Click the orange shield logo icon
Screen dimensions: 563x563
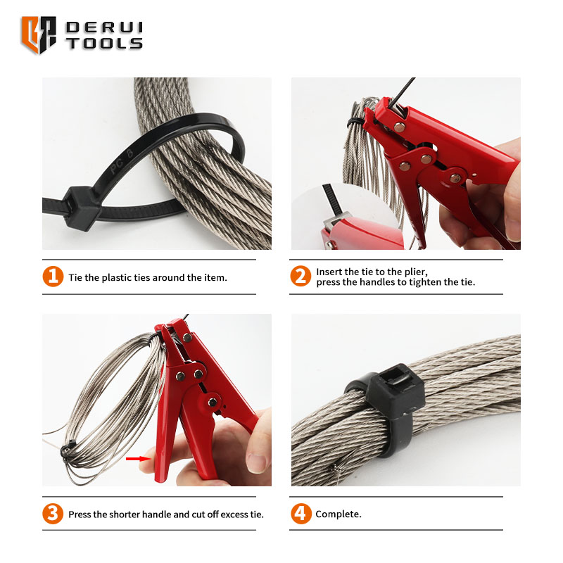(39, 34)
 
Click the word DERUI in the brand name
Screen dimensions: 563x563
(104, 27)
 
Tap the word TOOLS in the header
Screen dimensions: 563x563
(104, 44)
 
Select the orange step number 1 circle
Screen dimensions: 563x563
(53, 277)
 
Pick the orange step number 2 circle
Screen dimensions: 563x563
(301, 276)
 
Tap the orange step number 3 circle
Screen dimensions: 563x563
(53, 514)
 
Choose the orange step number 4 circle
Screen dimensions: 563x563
(301, 514)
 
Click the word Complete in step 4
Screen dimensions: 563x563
(337, 514)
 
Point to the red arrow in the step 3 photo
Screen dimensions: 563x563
(139, 459)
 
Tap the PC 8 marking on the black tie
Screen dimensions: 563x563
(122, 161)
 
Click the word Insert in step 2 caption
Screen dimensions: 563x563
(329, 272)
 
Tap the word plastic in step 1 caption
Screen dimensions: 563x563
(116, 277)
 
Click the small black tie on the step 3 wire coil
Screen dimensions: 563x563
(68, 450)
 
